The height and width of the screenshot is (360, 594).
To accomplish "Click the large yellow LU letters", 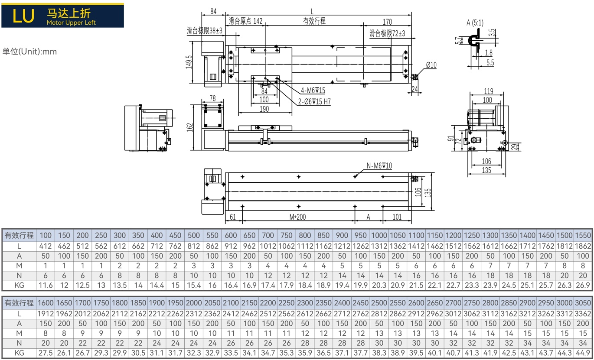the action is pyautogui.click(x=23, y=16).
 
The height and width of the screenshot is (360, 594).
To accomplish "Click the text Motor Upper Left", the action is pyautogui.click(x=71, y=23).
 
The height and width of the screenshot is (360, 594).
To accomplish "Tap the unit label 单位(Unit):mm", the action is pyautogui.click(x=29, y=52).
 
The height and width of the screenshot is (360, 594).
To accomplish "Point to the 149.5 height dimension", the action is pyautogui.click(x=189, y=62).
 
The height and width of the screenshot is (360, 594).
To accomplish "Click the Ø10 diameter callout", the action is pyautogui.click(x=431, y=65).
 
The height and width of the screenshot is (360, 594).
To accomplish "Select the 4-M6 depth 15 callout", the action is pyautogui.click(x=313, y=91).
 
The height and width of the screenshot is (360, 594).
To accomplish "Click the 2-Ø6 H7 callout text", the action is pyautogui.click(x=314, y=101).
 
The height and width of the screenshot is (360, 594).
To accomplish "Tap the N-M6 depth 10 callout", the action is pyautogui.click(x=379, y=166).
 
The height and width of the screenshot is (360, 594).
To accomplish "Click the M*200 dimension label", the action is pyautogui.click(x=297, y=217).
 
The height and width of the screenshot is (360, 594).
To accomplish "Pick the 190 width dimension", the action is pyautogui.click(x=264, y=109).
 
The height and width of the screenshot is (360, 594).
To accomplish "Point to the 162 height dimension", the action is pyautogui.click(x=189, y=127).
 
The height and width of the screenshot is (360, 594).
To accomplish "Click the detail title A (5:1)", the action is pyautogui.click(x=475, y=23).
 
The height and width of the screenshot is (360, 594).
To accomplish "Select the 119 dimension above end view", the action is pyautogui.click(x=489, y=91).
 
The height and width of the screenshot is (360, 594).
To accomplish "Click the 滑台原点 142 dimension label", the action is pyautogui.click(x=245, y=21).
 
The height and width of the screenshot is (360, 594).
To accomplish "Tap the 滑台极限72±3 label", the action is pyautogui.click(x=388, y=33).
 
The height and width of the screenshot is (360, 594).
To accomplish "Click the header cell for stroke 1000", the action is pyautogui.click(x=379, y=235).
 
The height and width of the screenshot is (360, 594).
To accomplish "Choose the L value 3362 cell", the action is pyautogui.click(x=583, y=314).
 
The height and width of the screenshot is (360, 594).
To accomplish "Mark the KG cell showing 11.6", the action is pyautogui.click(x=46, y=285).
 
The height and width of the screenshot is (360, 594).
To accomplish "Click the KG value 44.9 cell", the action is pyautogui.click(x=583, y=353).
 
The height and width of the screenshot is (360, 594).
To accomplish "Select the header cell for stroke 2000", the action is pyautogui.click(x=193, y=303).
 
